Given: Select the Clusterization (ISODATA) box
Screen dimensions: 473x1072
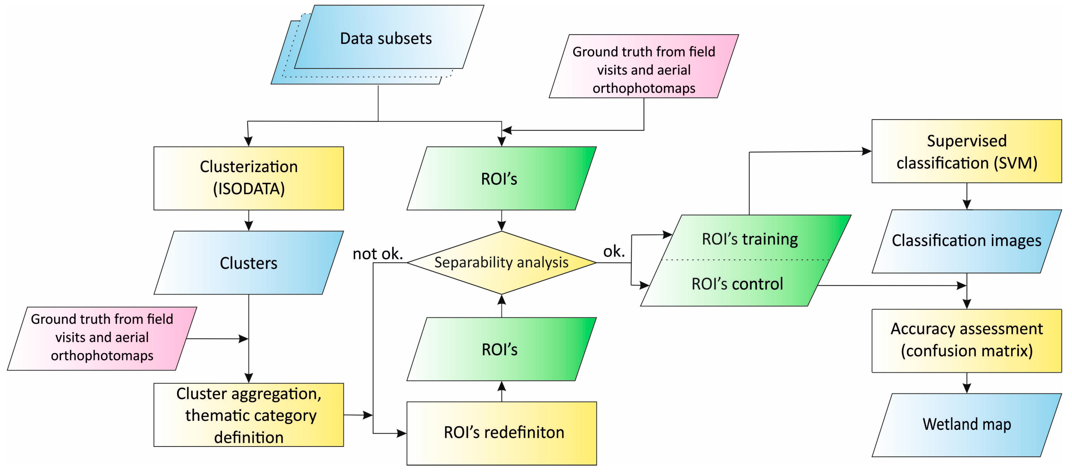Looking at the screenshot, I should click(249, 178).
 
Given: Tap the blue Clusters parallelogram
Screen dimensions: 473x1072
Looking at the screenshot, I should click(249, 263).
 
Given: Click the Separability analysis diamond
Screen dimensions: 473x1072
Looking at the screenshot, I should click(502, 262).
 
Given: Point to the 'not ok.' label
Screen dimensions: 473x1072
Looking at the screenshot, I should click(377, 253).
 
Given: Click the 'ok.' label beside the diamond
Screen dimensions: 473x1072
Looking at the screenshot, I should click(614, 251).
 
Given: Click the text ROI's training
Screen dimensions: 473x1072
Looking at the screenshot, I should click(750, 239).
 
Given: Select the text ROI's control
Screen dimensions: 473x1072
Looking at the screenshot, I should click(737, 284).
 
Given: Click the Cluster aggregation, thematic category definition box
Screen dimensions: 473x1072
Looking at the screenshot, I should click(249, 415).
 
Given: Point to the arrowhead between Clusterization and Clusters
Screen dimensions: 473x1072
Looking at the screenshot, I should click(249, 226).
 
